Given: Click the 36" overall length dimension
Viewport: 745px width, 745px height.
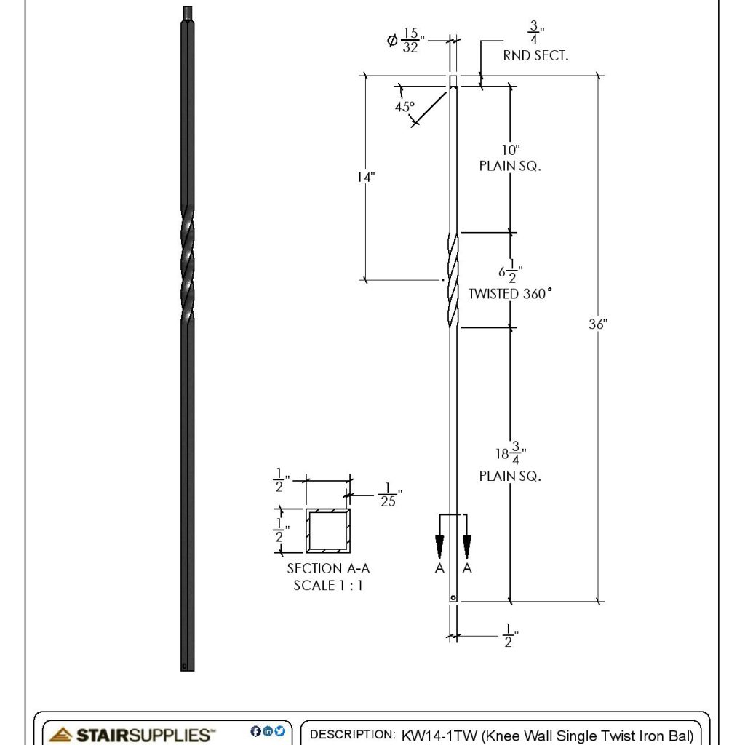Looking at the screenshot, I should [597, 324].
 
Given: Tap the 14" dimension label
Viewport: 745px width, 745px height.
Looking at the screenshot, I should [365, 177].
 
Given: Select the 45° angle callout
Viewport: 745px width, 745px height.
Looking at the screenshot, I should [405, 106].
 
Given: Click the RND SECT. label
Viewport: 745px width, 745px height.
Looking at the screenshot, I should [535, 55].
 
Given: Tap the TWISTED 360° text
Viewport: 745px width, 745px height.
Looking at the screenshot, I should [509, 294].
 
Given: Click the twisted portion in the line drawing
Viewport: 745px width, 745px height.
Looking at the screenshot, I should [453, 279].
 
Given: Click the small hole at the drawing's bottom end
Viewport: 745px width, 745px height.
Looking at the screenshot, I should [453, 598].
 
